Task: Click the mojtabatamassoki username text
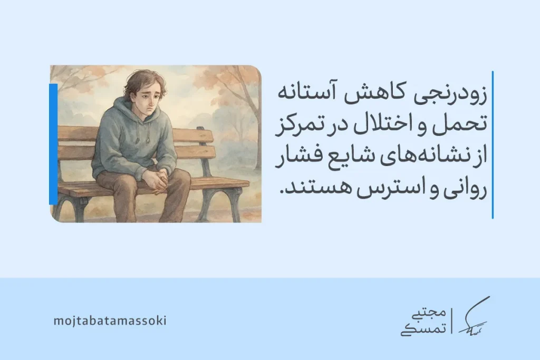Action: click(x=110, y=320)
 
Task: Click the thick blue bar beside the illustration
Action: click(x=53, y=143)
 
